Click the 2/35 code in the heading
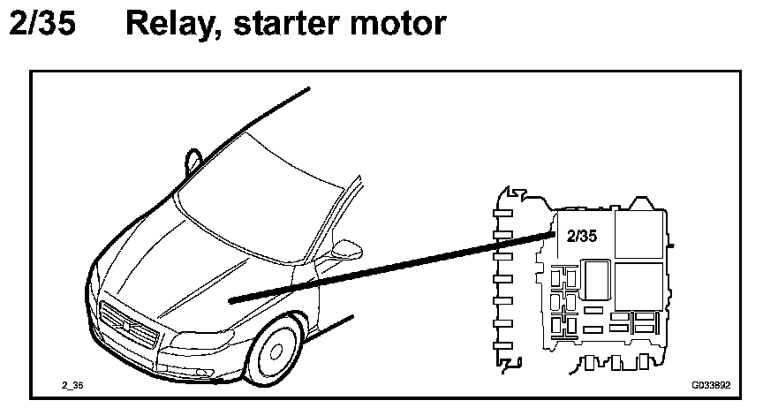pyautogui.click(x=42, y=25)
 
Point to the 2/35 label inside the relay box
pyautogui.click(x=582, y=237)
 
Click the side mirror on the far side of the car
pyautogui.click(x=193, y=158)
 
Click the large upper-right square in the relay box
pyautogui.click(x=637, y=235)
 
